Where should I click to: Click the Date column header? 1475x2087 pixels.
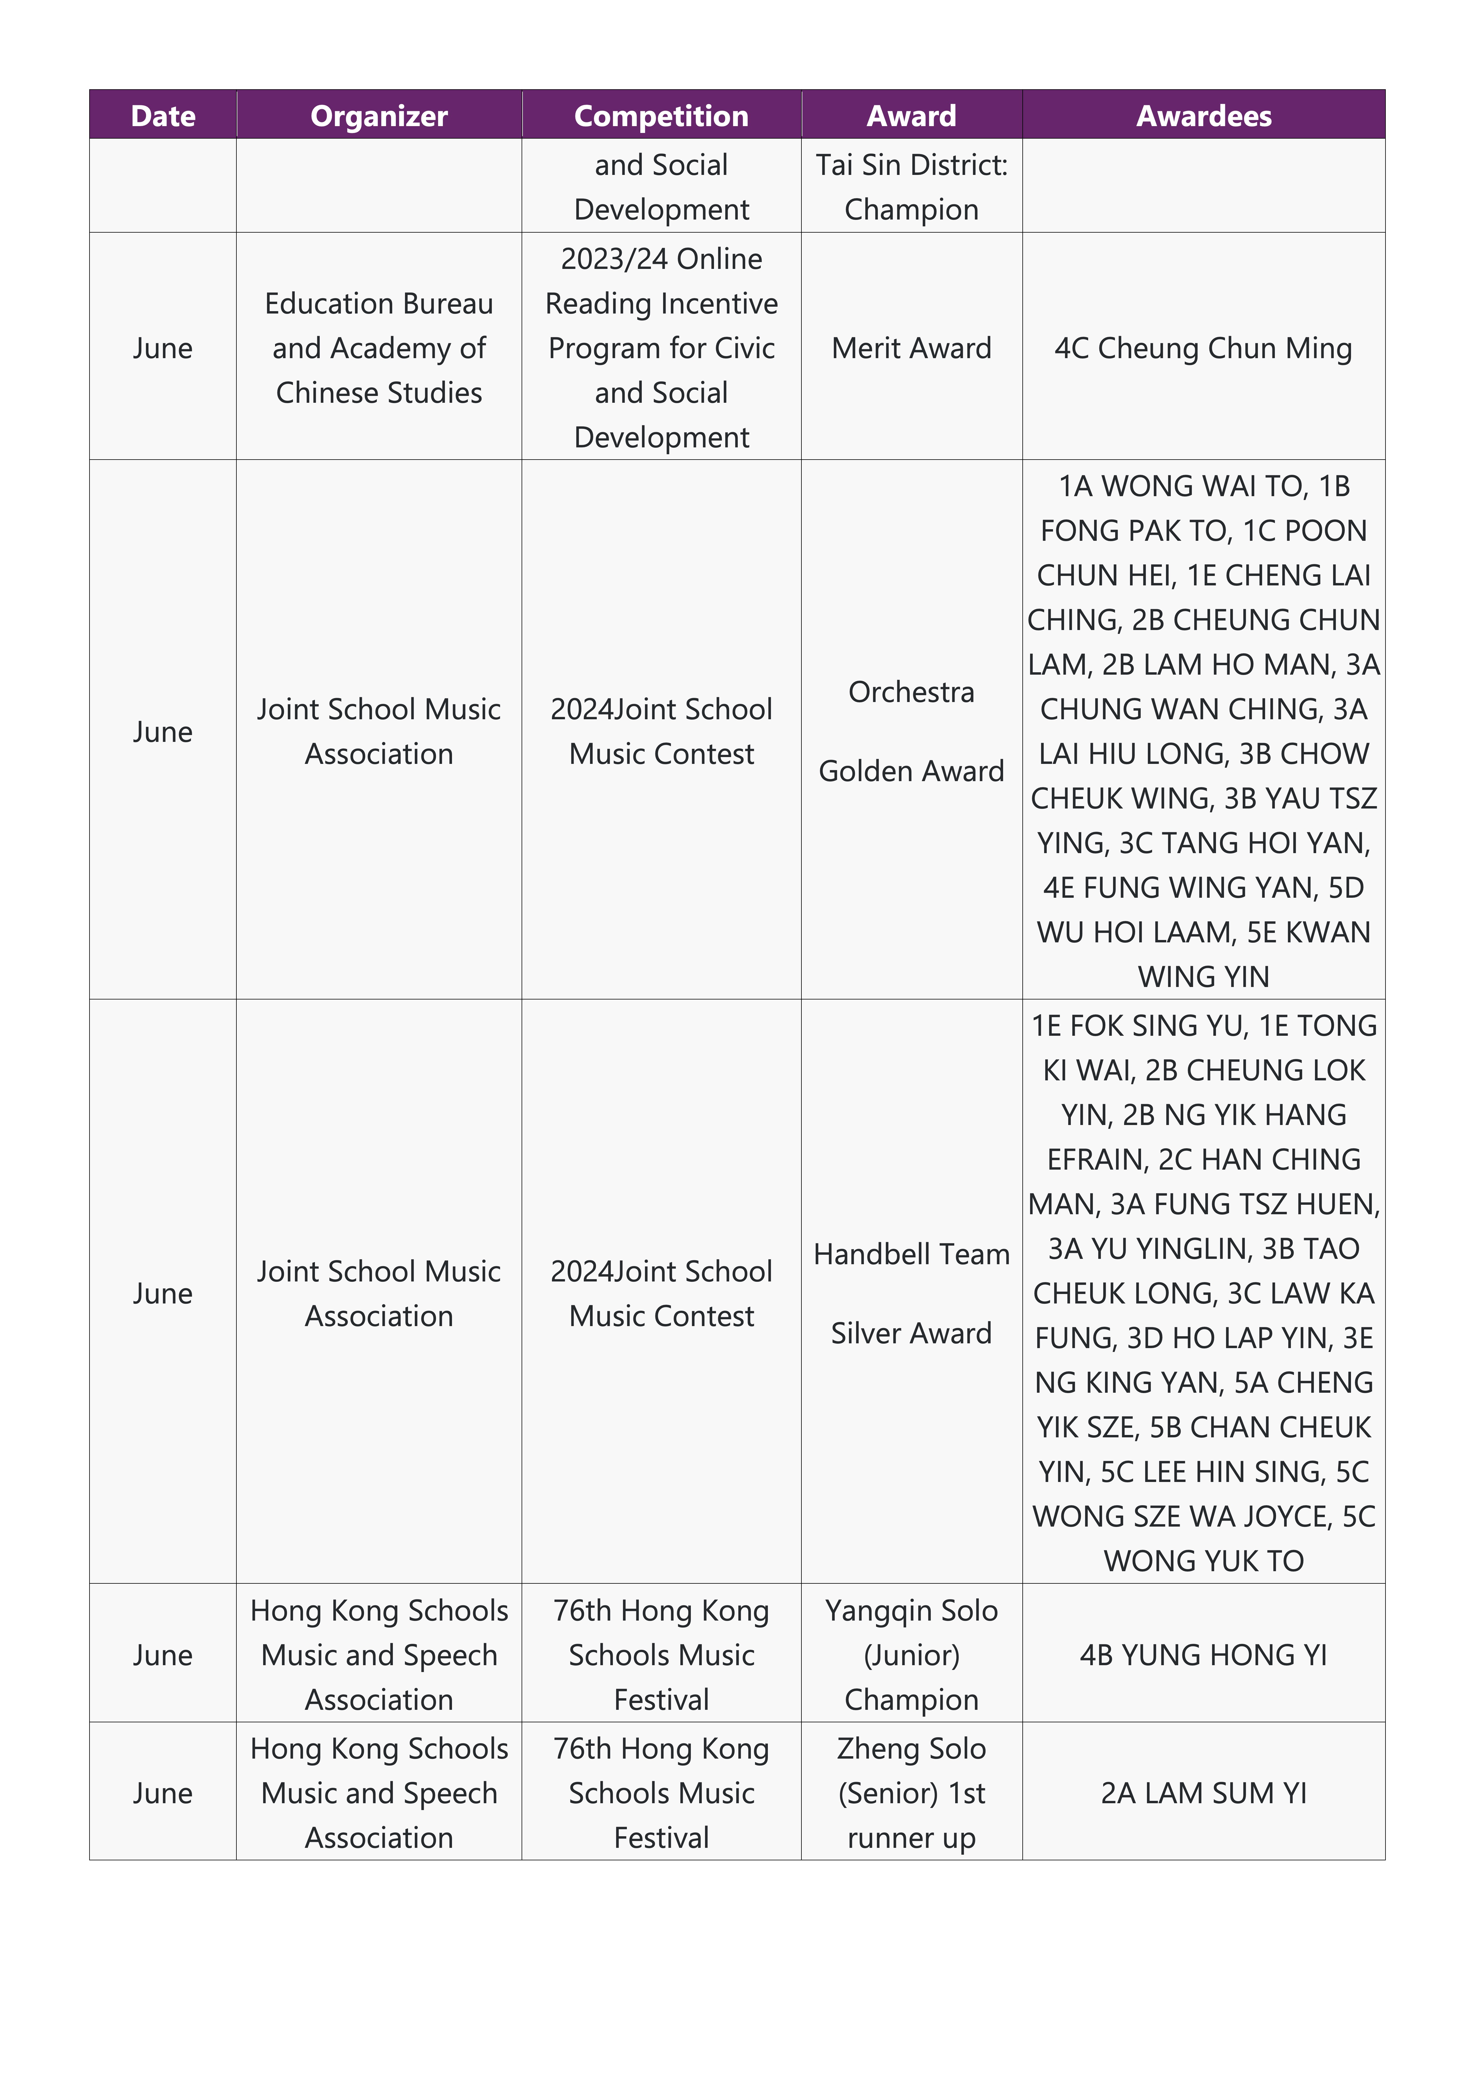click(163, 115)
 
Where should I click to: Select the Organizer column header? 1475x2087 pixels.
click(379, 115)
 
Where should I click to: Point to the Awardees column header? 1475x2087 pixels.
click(1203, 115)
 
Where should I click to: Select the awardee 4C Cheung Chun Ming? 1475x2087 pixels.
click(1203, 348)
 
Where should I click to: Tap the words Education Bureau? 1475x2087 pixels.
click(379, 304)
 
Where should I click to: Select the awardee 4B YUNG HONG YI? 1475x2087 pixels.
click(1203, 1655)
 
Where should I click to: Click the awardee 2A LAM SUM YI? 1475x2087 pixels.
click(1203, 1793)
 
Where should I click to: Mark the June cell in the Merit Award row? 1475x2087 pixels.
click(163, 348)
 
